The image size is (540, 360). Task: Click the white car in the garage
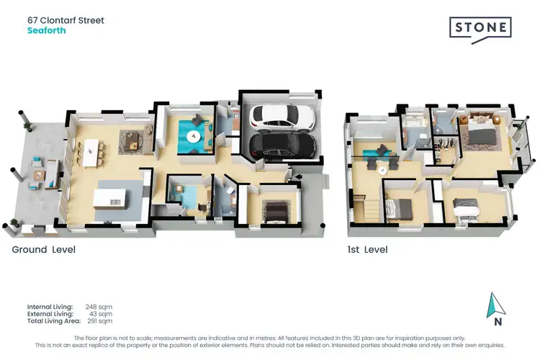point(280,117)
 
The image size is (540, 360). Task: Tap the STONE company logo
point(480,29)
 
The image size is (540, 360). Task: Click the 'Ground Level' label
point(43,250)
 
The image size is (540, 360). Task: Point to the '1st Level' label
point(367,250)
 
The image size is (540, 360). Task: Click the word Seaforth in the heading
point(48,31)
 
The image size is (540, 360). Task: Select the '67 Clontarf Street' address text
point(66,20)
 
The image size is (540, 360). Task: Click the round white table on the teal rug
point(193,135)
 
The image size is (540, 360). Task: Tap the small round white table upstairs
point(383,170)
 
